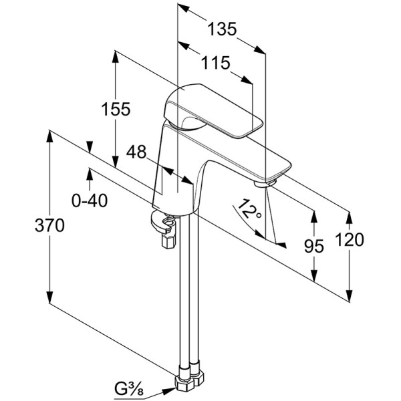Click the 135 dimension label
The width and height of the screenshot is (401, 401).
tap(222, 29)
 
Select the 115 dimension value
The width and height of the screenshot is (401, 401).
tap(215, 63)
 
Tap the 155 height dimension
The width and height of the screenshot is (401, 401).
tap(116, 110)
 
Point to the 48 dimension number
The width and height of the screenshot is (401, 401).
tap(136, 152)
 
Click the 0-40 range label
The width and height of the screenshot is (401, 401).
tap(89, 200)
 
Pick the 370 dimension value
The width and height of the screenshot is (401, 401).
tap(49, 226)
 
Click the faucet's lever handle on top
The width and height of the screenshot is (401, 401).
tap(214, 110)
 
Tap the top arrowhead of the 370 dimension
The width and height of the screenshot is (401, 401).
tap(49, 134)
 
